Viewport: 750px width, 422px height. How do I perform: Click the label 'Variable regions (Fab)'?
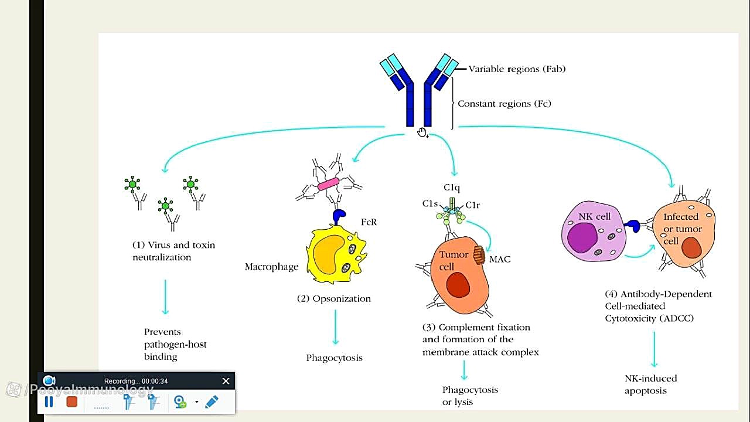516,69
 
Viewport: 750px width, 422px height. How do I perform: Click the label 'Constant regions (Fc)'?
504,104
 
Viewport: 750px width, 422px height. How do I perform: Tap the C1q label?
452,188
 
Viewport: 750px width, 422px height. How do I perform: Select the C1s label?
430,204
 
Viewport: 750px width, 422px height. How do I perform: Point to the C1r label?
473,205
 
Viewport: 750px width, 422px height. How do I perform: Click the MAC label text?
500,259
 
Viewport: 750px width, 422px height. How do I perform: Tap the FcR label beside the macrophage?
369,222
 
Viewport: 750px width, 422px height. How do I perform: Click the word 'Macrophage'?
271,267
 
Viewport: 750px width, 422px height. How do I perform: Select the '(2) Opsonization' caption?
333,299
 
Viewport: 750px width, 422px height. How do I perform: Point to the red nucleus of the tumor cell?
458,285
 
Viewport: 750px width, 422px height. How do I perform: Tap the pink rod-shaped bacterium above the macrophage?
328,184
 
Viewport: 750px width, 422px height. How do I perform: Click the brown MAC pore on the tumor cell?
479,255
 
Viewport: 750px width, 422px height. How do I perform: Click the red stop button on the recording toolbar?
72,401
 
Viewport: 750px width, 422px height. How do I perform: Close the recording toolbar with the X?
226,382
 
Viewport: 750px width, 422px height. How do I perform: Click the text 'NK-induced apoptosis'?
650,384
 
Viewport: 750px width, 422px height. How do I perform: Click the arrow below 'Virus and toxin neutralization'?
165,297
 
